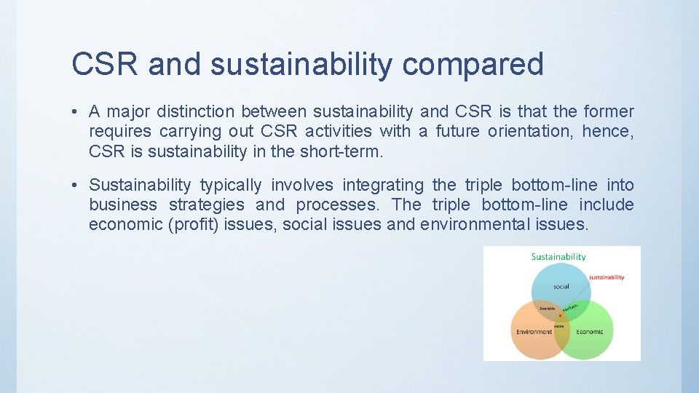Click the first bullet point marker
76,112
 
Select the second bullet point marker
76,186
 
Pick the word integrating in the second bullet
382,186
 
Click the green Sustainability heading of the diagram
558,257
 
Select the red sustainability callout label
606,277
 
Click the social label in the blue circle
561,287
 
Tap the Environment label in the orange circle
534,332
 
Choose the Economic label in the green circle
589,332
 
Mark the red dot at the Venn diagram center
560,315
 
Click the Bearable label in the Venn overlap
547,309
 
